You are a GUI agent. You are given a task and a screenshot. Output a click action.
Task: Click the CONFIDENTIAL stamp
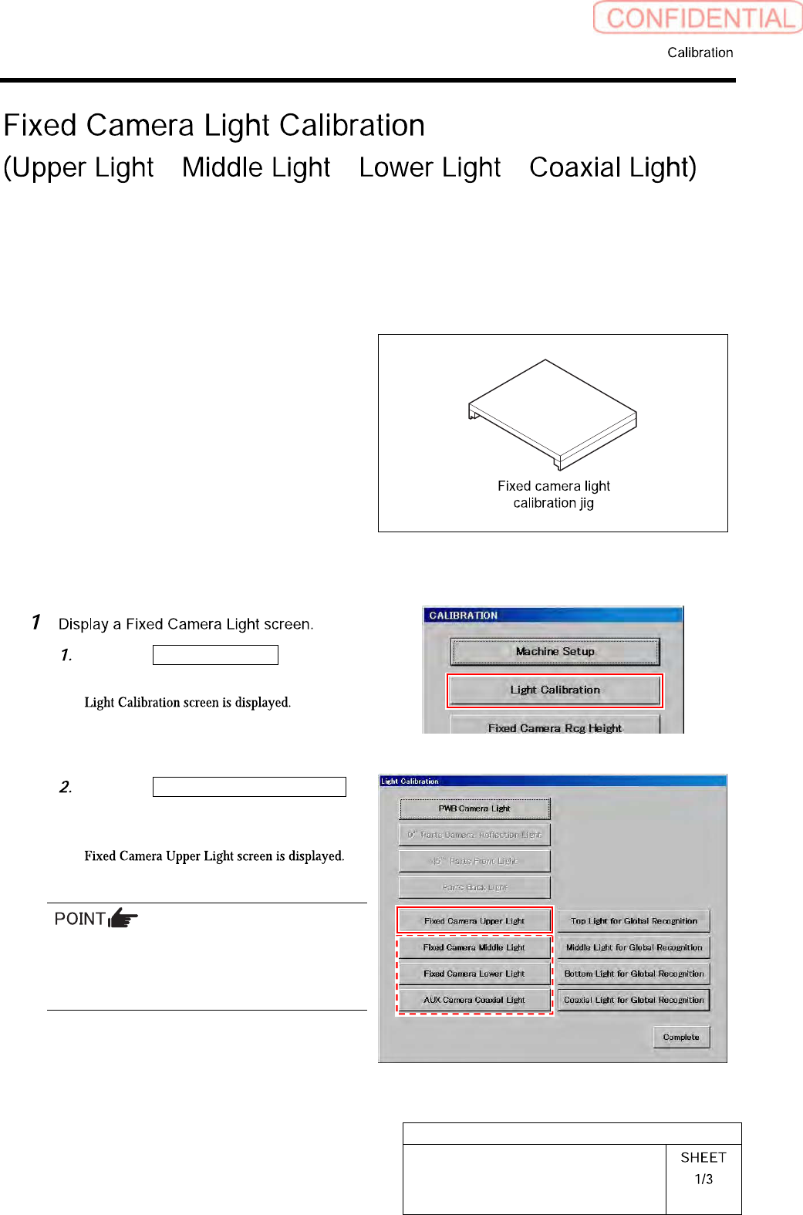(698, 18)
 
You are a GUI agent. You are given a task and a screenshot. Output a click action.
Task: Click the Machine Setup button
(555, 651)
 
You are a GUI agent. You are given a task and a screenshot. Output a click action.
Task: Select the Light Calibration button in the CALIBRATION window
(555, 690)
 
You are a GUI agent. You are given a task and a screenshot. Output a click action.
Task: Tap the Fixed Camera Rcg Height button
(555, 727)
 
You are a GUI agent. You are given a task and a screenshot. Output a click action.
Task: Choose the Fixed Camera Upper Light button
(474, 920)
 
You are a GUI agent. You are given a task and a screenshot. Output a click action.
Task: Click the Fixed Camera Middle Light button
(474, 947)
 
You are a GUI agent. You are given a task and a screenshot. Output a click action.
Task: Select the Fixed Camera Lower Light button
(474, 973)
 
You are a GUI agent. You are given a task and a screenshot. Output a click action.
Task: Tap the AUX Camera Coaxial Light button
(474, 999)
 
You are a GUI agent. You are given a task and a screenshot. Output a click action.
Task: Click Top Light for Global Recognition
(633, 920)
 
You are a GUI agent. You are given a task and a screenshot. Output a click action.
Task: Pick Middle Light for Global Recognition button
(633, 947)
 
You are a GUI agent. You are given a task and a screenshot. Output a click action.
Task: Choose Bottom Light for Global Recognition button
(633, 973)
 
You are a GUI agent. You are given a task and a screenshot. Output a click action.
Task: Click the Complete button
(681, 1037)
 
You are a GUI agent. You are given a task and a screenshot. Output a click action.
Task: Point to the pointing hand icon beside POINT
(123, 918)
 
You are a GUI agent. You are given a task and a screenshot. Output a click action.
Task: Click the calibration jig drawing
(552, 413)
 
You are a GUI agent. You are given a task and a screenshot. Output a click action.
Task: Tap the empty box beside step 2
(249, 786)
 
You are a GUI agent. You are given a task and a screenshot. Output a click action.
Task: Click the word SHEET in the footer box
(703, 1157)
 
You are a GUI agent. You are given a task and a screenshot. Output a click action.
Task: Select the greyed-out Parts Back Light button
(474, 886)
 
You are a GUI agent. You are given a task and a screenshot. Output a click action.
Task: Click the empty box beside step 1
(215, 655)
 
